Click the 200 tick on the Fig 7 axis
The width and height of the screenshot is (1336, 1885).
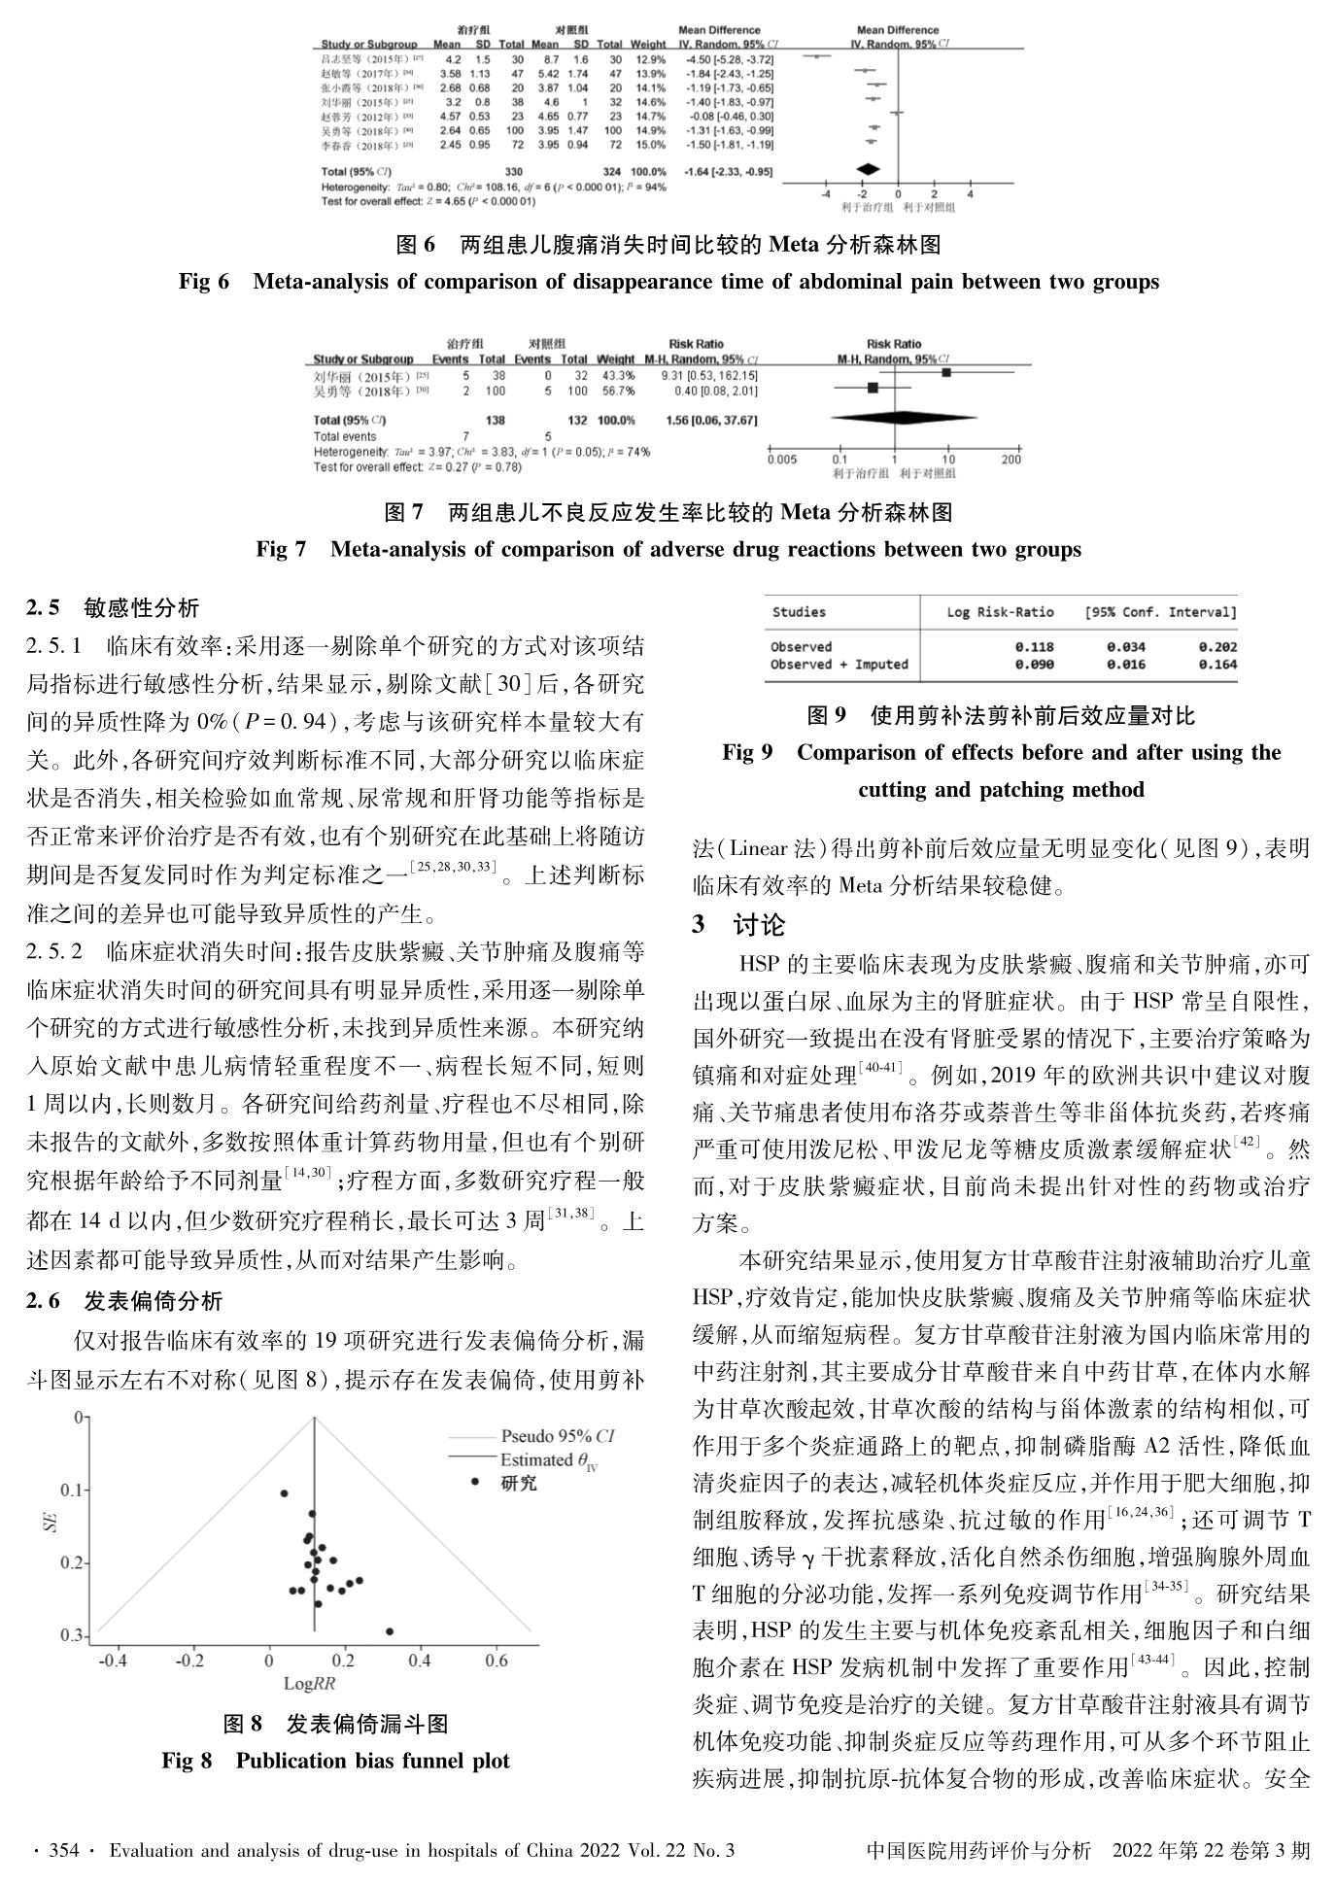click(x=1011, y=460)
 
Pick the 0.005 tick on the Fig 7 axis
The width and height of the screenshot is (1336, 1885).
click(x=781, y=460)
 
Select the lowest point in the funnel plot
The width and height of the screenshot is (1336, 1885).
click(x=390, y=1631)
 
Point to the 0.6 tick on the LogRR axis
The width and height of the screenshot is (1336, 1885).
click(x=496, y=1661)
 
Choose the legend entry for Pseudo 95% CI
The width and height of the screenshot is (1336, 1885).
click(x=556, y=1436)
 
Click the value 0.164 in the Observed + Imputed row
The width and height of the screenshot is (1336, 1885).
click(x=1216, y=665)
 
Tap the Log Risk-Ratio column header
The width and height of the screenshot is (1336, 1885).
click(x=1000, y=612)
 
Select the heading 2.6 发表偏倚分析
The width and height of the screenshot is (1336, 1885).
click(x=124, y=1301)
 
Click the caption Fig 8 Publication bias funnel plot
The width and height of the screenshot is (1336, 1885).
click(x=335, y=1761)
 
